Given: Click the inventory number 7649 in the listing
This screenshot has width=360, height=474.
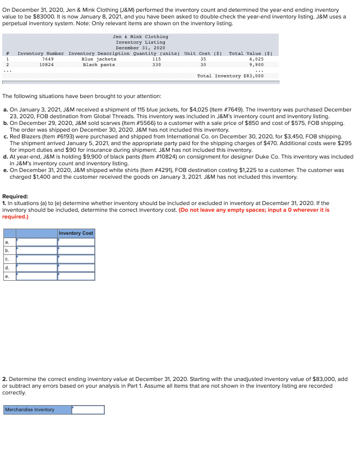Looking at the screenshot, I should pyautogui.click(x=48, y=59).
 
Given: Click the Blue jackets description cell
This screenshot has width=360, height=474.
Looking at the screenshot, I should pyautogui.click(x=99, y=59).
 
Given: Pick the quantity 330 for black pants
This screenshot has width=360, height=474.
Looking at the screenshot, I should pyautogui.click(x=156, y=64).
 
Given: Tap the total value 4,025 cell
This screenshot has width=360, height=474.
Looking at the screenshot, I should pyautogui.click(x=256, y=59).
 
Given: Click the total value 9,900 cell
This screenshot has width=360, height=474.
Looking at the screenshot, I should pyautogui.click(x=256, y=64).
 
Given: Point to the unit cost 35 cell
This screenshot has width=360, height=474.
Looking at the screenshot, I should pyautogui.click(x=203, y=59).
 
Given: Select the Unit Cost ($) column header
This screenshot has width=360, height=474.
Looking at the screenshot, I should pyautogui.click(x=203, y=53).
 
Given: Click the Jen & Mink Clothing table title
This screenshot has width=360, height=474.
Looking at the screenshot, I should pyautogui.click(x=140, y=36).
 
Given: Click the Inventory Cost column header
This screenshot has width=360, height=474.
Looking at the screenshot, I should pyautogui.click(x=76, y=233).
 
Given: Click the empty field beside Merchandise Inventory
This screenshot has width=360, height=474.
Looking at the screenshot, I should pyautogui.click(x=88, y=410).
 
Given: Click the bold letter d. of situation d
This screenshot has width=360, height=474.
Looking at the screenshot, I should pyautogui.click(x=6, y=156).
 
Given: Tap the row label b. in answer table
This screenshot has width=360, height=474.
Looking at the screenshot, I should pyautogui.click(x=7, y=250).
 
